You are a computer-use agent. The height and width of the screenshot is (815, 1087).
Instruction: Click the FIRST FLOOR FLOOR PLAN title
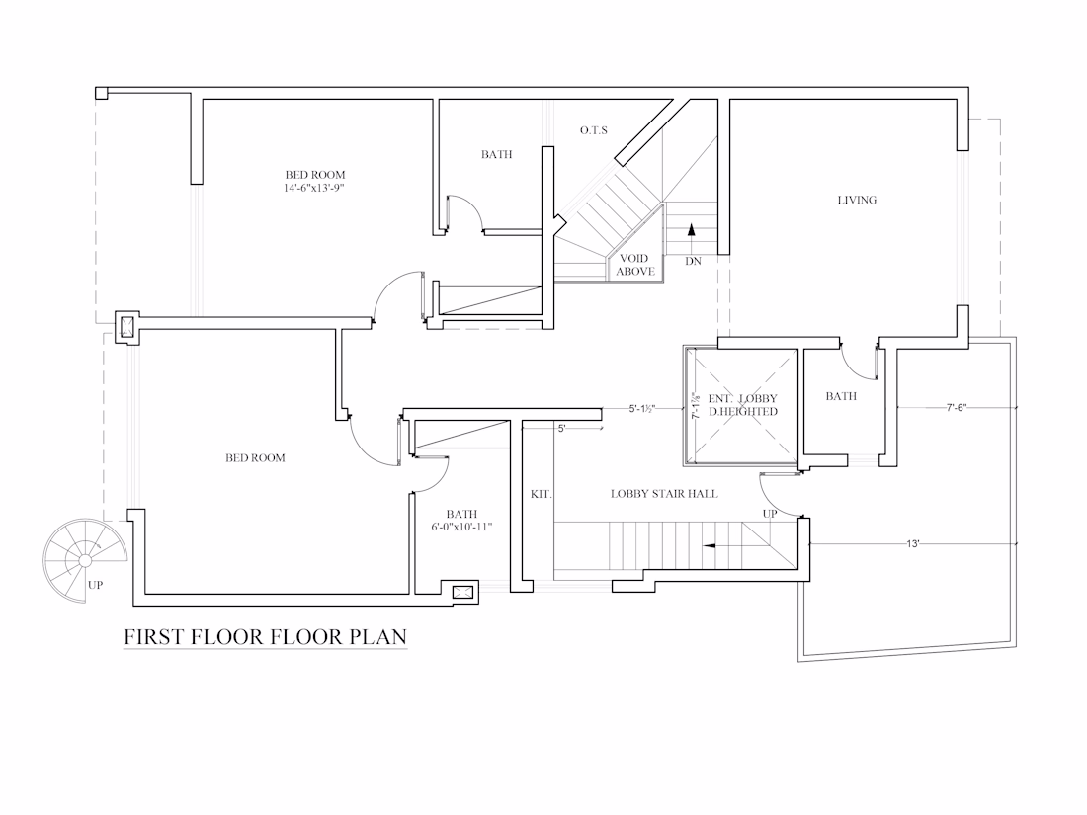click(x=266, y=636)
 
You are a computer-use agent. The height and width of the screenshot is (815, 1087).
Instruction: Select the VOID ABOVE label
click(x=635, y=265)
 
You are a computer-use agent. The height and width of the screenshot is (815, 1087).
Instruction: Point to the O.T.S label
click(x=594, y=130)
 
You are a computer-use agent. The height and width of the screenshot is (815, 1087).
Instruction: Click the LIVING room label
click(x=857, y=200)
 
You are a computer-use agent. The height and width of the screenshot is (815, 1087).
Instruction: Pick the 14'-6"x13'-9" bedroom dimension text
click(x=314, y=188)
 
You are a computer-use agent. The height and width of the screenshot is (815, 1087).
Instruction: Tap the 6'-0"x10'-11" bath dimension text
click(x=461, y=527)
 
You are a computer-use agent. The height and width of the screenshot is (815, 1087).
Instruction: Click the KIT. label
click(x=541, y=494)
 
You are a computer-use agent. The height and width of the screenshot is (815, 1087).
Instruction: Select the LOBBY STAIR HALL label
click(x=664, y=493)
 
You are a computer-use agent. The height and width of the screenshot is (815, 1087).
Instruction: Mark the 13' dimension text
click(x=912, y=544)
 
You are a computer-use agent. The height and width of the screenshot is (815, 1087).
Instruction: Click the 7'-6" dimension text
click(x=956, y=407)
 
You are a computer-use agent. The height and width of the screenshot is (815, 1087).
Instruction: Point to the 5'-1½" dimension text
click(x=642, y=409)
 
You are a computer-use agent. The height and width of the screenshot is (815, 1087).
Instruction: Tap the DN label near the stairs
click(x=694, y=261)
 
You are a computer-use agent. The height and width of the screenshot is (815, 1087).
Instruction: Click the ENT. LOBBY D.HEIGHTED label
click(x=742, y=405)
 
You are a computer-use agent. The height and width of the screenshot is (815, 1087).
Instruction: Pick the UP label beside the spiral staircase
click(x=96, y=585)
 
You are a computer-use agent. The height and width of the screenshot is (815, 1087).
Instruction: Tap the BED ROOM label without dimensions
click(x=255, y=458)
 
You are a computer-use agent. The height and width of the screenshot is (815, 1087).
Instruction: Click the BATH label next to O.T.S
click(x=496, y=154)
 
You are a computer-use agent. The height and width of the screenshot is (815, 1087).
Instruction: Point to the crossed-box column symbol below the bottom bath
click(x=461, y=592)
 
